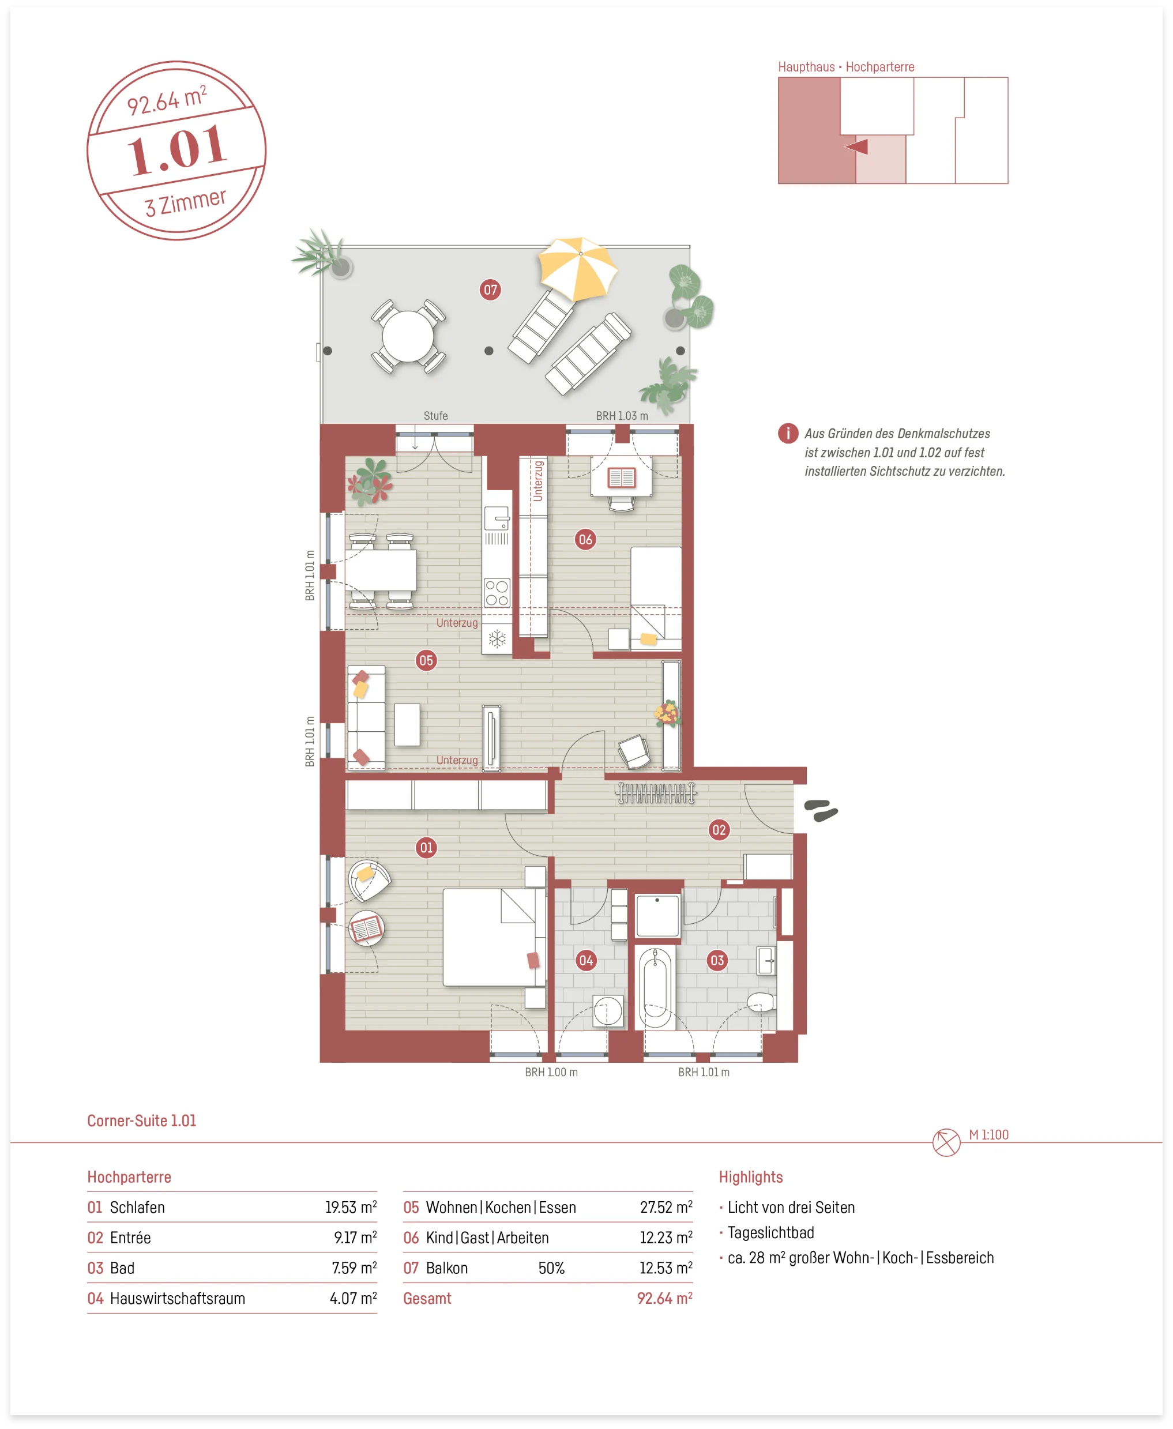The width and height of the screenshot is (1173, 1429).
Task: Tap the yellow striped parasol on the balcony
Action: coord(578,268)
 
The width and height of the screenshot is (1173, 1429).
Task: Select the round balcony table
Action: coord(408,336)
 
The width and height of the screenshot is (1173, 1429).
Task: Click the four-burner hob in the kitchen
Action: coord(497,593)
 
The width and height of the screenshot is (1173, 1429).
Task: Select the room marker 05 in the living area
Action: coord(426,660)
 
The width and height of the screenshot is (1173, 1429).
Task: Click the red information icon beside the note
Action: coord(788,433)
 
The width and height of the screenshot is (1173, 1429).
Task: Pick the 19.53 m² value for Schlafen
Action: coord(351,1208)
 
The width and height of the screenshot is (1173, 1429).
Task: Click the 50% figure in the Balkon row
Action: coord(551,1268)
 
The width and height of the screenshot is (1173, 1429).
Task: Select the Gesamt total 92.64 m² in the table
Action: coord(665,1299)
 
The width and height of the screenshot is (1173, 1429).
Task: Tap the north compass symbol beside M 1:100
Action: coord(946,1142)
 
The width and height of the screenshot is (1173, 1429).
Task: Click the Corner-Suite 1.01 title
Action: coord(142,1121)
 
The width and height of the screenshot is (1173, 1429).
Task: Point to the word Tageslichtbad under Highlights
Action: coord(770,1233)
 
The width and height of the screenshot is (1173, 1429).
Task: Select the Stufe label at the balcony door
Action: coord(436,416)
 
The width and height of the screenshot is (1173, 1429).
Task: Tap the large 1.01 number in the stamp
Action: coord(177,149)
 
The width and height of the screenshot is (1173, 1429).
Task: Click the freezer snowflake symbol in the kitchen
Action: coord(497,639)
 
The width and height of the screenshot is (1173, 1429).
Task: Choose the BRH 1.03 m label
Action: coord(622,416)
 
